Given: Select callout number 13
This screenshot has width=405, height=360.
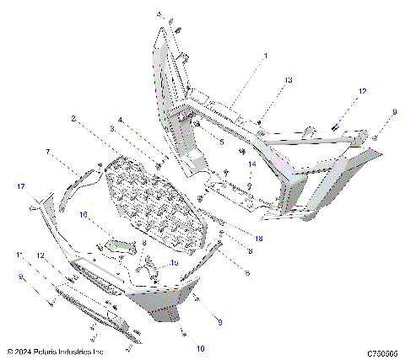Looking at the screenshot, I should [288, 79].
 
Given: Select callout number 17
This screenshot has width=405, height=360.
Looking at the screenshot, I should [22, 185].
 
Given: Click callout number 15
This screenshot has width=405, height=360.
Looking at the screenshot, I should [174, 263].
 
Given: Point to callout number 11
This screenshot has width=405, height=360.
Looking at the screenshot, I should [19, 255].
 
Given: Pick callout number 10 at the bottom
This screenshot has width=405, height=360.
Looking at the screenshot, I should [201, 347].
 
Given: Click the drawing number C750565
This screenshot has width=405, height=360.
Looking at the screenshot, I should [382, 353].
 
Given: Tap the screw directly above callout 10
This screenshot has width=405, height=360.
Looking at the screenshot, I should [182, 331].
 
